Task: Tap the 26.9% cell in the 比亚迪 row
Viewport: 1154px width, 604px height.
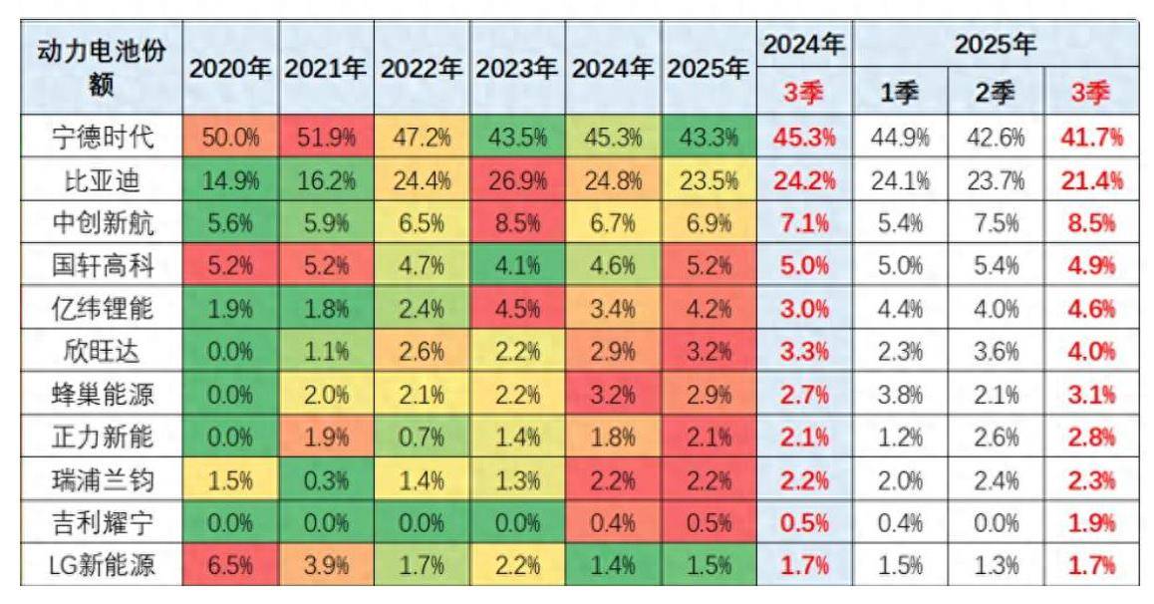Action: click(517, 180)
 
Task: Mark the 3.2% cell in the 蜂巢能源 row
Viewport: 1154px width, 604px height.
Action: click(613, 396)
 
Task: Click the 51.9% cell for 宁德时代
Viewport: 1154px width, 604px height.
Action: click(326, 137)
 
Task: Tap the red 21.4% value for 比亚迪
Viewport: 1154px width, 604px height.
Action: click(1089, 180)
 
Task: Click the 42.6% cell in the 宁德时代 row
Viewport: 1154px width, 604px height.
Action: click(995, 137)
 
